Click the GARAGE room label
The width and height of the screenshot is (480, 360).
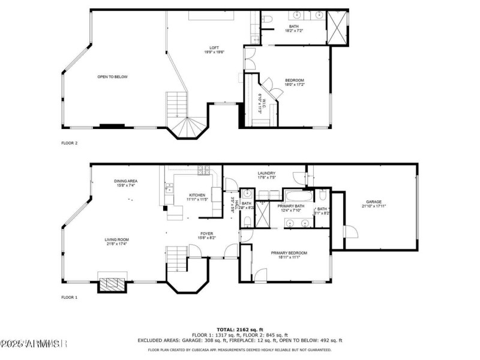(374, 202)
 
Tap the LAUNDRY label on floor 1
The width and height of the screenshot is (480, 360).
(266, 173)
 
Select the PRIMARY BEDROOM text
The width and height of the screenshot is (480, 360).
(289, 253)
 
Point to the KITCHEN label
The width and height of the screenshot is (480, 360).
(197, 195)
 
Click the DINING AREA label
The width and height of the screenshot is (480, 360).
(126, 181)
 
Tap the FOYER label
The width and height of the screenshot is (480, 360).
(207, 233)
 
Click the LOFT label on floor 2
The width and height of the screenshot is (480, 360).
(214, 48)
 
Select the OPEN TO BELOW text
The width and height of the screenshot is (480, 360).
(113, 77)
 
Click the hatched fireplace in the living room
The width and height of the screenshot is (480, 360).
(113, 284)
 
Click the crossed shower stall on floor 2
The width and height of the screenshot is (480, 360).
(337, 27)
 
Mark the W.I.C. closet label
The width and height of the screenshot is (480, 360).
(260, 103)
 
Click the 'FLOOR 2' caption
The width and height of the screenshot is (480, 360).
(70, 143)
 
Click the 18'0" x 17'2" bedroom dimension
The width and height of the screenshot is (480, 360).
(294, 85)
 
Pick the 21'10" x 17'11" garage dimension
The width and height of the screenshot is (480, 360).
(374, 206)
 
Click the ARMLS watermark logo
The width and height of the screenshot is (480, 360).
(33, 344)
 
